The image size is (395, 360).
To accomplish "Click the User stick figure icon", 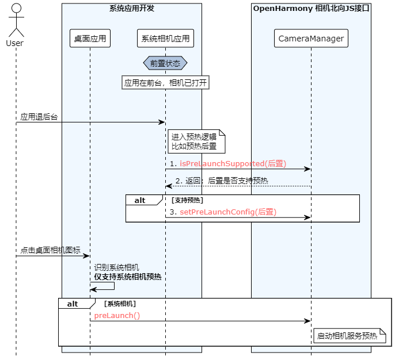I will [x=16, y=21].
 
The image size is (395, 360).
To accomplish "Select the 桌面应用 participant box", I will [x=90, y=39].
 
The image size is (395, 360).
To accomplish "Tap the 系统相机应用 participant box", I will [x=165, y=39].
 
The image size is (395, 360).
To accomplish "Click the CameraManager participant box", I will [x=311, y=39].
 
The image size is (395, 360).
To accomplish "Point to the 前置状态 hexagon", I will [x=165, y=63].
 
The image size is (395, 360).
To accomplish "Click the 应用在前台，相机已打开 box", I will [x=165, y=83].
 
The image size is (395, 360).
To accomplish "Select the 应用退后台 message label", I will [x=39, y=117].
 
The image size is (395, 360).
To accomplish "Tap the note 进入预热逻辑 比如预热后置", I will [x=195, y=141].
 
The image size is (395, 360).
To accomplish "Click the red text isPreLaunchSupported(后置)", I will [x=233, y=164].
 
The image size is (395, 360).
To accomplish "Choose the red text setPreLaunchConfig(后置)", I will [x=228, y=212].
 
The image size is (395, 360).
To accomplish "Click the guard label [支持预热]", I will [x=187, y=200].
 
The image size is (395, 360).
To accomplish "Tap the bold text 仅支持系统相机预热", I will [x=127, y=277].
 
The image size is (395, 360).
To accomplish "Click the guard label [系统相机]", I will [x=120, y=304].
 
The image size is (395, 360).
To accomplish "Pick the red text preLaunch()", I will [x=117, y=316].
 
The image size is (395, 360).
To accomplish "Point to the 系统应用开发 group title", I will [x=131, y=8].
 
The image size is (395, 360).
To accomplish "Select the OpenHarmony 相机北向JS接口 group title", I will [x=311, y=8].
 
